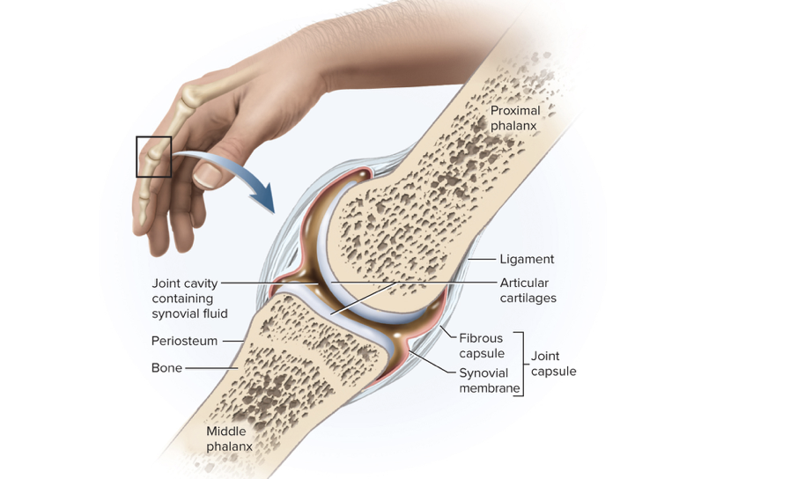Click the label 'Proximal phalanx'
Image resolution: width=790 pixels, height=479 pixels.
tap(515, 118)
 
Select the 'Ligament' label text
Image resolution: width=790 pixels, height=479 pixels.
tap(527, 259)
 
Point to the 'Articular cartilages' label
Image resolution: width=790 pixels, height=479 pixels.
tap(528, 291)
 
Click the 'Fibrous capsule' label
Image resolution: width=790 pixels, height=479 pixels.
tap(481, 345)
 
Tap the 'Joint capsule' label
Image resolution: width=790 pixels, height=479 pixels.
tap(553, 364)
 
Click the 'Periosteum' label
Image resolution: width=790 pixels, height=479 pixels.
tap(184, 340)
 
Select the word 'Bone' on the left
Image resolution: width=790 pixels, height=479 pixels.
tap(166, 368)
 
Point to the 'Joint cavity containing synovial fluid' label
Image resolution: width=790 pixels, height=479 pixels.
tap(189, 298)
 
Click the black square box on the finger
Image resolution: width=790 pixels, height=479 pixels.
tap(153, 157)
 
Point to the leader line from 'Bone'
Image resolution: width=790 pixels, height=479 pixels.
tap(211, 368)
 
